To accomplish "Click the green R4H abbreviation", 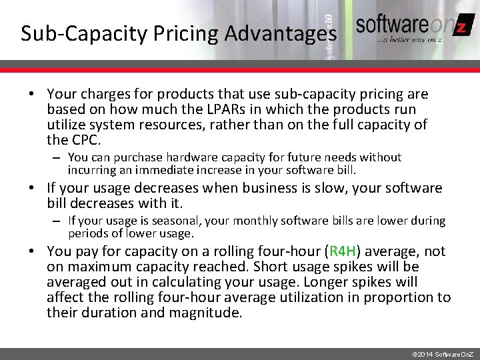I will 342,252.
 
